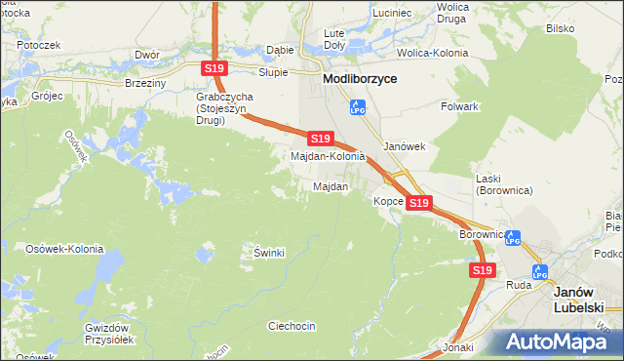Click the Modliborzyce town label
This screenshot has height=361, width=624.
coord(360,79)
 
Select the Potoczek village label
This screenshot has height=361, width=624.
coord(38,45)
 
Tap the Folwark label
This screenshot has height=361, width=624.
coord(458,105)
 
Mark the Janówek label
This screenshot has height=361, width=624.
coord(405,146)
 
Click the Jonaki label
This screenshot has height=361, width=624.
coord(457,347)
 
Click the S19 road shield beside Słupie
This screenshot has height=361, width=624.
coord(215,67)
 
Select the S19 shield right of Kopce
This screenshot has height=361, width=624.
coord(419,202)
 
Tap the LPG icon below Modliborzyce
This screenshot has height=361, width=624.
coord(358,105)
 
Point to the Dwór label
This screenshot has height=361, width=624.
coord(147,55)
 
